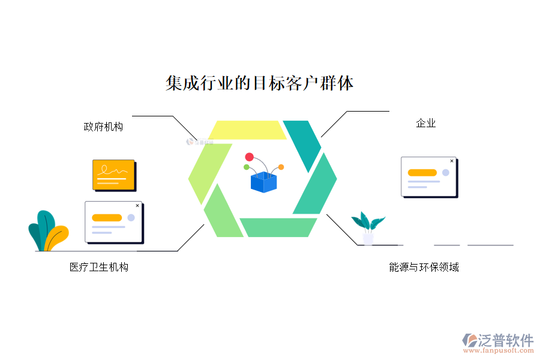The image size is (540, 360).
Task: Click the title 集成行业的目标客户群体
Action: pyautogui.click(x=259, y=83)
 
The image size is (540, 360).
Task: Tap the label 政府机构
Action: pyautogui.click(x=103, y=127)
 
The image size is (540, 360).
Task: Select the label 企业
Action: pyautogui.click(x=426, y=124)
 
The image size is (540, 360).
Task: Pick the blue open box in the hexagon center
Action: pyautogui.click(x=263, y=182)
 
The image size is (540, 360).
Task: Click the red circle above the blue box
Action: pyautogui.click(x=250, y=157)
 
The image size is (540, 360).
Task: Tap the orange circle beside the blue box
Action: pyautogui.click(x=281, y=167)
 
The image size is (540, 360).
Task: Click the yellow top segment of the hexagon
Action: pyautogui.click(x=247, y=130)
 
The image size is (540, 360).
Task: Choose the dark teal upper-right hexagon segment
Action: pyautogui.click(x=302, y=144)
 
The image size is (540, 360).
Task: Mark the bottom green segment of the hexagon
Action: pyautogui.click(x=278, y=227)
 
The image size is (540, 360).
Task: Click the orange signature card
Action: pyautogui.click(x=113, y=175)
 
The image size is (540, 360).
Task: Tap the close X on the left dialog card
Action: pyautogui.click(x=137, y=206)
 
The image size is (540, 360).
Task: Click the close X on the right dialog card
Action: pyautogui.click(x=452, y=161)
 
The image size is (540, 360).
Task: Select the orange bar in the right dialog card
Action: pyautogui.click(x=422, y=173)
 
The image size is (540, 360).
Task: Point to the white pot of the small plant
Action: pyautogui.click(x=368, y=239)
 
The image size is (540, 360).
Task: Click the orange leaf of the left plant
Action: pyautogui.click(x=57, y=238)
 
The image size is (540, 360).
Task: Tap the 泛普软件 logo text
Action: pyautogui.click(x=506, y=340)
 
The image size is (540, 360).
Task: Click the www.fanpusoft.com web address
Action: pyautogui.click(x=498, y=351)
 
